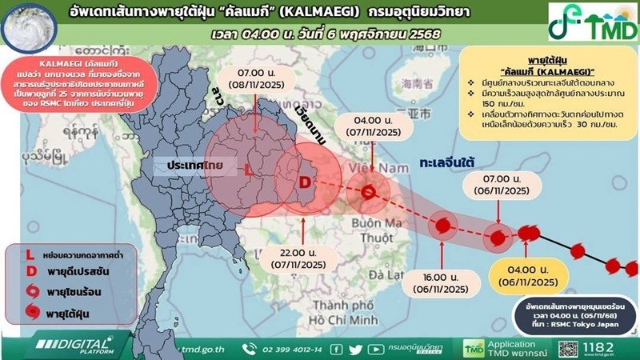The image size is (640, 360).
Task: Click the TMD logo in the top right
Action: [590, 26]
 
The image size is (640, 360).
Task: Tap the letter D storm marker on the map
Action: [305, 182]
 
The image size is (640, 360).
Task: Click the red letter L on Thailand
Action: [249, 170]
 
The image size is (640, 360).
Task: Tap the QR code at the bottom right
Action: [569, 348]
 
